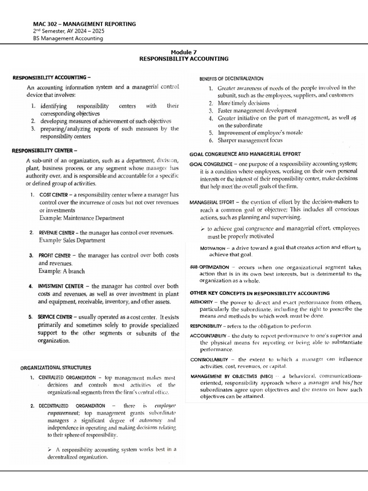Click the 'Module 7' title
[x=184, y=52]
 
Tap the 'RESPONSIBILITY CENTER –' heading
[x=45, y=151]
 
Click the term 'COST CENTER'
[x=51, y=195]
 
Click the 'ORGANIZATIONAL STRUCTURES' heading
[x=56, y=368]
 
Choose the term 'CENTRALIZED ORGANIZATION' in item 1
[x=68, y=378]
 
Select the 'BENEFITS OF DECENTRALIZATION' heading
[x=231, y=79]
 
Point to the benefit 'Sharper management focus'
[x=250, y=140]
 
